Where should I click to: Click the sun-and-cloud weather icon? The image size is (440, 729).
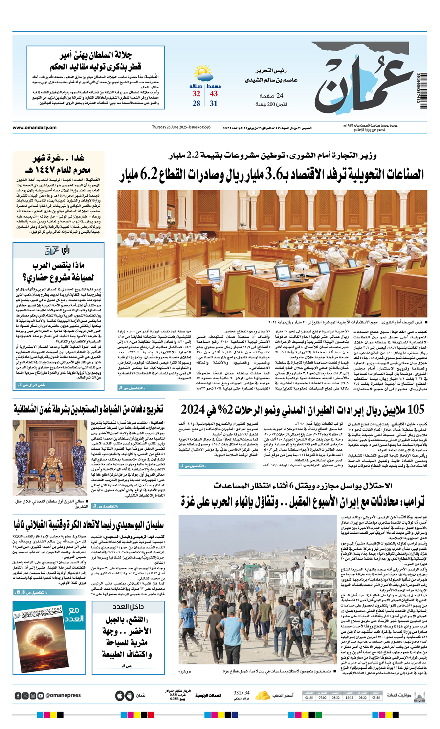(x=204, y=74)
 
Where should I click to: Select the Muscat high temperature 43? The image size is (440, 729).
(x=214, y=94)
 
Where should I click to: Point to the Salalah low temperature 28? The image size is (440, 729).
(x=196, y=103)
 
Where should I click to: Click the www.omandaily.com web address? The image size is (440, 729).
(x=34, y=128)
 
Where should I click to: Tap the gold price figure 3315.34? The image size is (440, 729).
(x=242, y=693)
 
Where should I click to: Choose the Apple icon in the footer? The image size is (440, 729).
(x=120, y=695)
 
